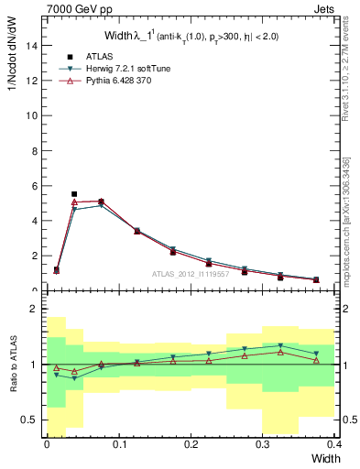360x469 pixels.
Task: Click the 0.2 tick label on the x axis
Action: (x=191, y=443)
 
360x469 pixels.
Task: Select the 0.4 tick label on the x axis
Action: (x=334, y=443)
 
